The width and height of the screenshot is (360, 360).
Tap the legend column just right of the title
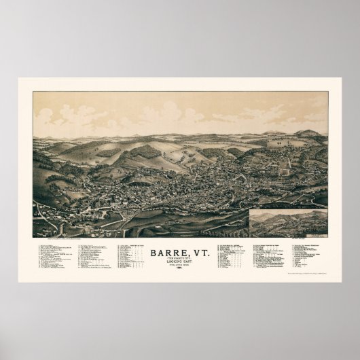pos(230,255)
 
